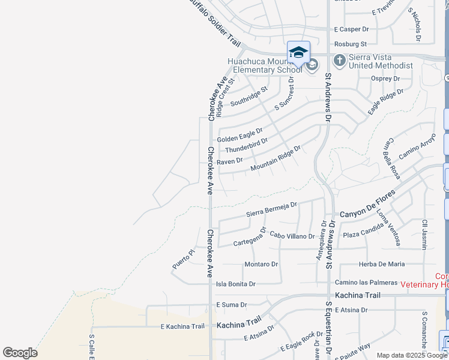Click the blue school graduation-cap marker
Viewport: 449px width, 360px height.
[298, 53]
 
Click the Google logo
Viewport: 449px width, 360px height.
[20, 353]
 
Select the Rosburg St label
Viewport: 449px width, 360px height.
[351, 44]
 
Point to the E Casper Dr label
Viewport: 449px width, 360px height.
[351, 29]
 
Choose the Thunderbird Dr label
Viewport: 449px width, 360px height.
[246, 145]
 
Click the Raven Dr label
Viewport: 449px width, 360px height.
[230, 161]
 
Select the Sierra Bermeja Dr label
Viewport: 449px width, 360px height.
[272, 209]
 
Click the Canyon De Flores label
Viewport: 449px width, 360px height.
[367, 205]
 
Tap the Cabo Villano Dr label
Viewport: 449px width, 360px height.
[292, 236]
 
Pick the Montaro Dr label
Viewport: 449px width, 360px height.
[261, 264]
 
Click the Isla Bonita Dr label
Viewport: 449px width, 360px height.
[236, 284]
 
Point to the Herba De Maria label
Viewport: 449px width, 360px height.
[381, 264]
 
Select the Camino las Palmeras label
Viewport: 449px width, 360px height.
[366, 282]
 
